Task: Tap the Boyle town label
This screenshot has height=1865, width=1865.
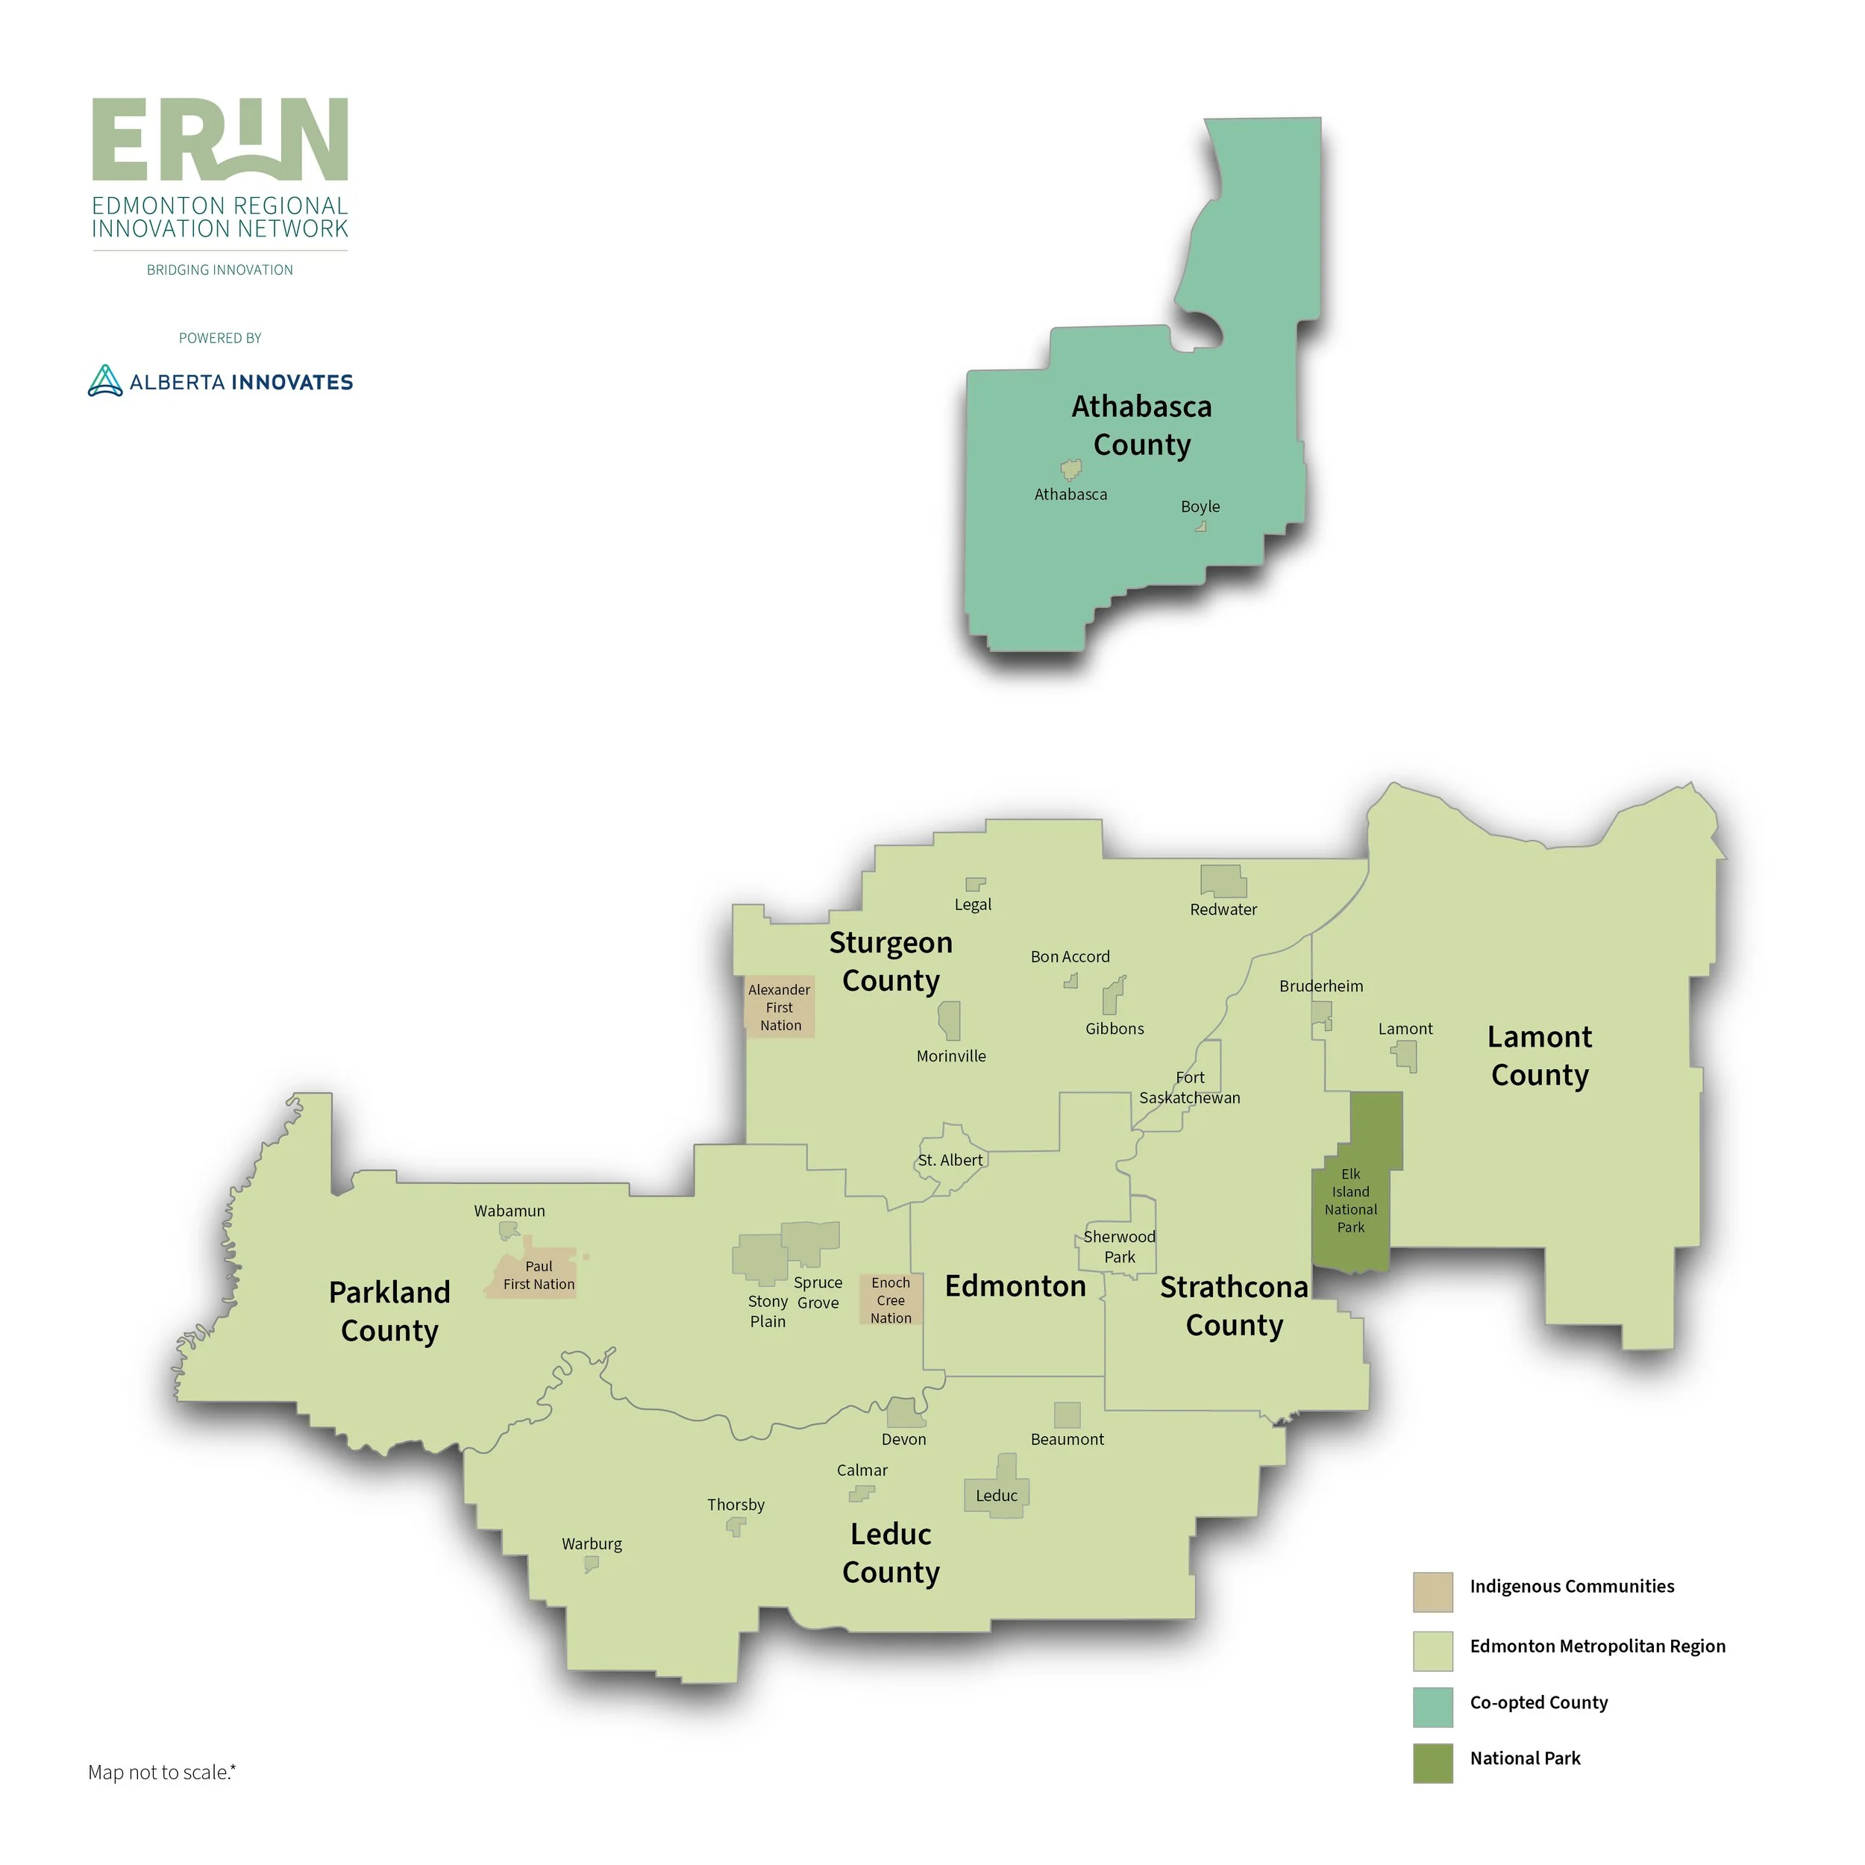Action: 1200,507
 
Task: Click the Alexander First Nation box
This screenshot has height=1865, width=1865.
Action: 779,1007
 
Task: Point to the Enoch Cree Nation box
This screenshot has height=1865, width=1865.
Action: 891,1300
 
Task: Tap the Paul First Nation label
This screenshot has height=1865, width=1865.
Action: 539,1275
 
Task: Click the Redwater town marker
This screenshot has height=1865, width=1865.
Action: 1222,880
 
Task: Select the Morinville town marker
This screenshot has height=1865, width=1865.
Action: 950,1019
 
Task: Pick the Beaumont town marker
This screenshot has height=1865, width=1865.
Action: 1067,1414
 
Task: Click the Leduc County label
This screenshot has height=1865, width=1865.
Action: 890,1552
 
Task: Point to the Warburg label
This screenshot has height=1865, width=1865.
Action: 592,1543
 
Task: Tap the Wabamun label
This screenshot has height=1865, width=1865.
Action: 510,1211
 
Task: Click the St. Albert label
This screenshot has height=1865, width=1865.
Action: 950,1160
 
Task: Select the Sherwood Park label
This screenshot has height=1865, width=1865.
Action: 1119,1247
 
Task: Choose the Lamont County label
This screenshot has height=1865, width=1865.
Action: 1539,1055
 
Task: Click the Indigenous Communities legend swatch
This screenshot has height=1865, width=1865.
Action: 1432,1592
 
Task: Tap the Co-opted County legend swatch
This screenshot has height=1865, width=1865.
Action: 1432,1707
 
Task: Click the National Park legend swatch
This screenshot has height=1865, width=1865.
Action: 1432,1763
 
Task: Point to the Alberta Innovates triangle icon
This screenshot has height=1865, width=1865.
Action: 105,381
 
